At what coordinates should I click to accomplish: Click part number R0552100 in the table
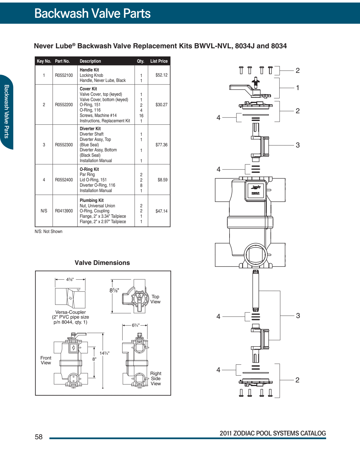pyautogui.click(x=64, y=75)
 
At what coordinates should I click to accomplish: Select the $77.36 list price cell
pyautogui.click(x=161, y=145)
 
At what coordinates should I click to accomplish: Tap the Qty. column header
pyautogui.click(x=141, y=61)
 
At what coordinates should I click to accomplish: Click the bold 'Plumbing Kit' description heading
pyautogui.click(x=91, y=201)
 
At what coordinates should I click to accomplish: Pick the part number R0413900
pyautogui.click(x=64, y=211)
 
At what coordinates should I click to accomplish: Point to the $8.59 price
pyautogui.click(x=162, y=180)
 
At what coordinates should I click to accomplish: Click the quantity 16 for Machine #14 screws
pyautogui.click(x=141, y=116)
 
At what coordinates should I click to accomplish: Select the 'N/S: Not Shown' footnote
pyautogui.click(x=49, y=232)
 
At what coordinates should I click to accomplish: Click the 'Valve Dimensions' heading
pyautogui.click(x=102, y=263)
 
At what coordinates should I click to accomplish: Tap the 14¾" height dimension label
pyautogui.click(x=104, y=353)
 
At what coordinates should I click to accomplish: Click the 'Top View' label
pyautogui.click(x=155, y=299)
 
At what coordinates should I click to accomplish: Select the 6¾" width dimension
pyautogui.click(x=135, y=325)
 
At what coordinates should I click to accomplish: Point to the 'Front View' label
pyautogui.click(x=46, y=360)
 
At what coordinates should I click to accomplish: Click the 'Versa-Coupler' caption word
pyautogui.click(x=70, y=312)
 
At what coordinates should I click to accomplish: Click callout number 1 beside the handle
pyautogui.click(x=297, y=88)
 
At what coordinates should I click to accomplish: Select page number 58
pyautogui.click(x=39, y=437)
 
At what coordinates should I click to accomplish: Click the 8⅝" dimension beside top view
pyautogui.click(x=114, y=290)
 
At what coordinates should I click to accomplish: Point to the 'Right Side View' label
pyautogui.click(x=156, y=379)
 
